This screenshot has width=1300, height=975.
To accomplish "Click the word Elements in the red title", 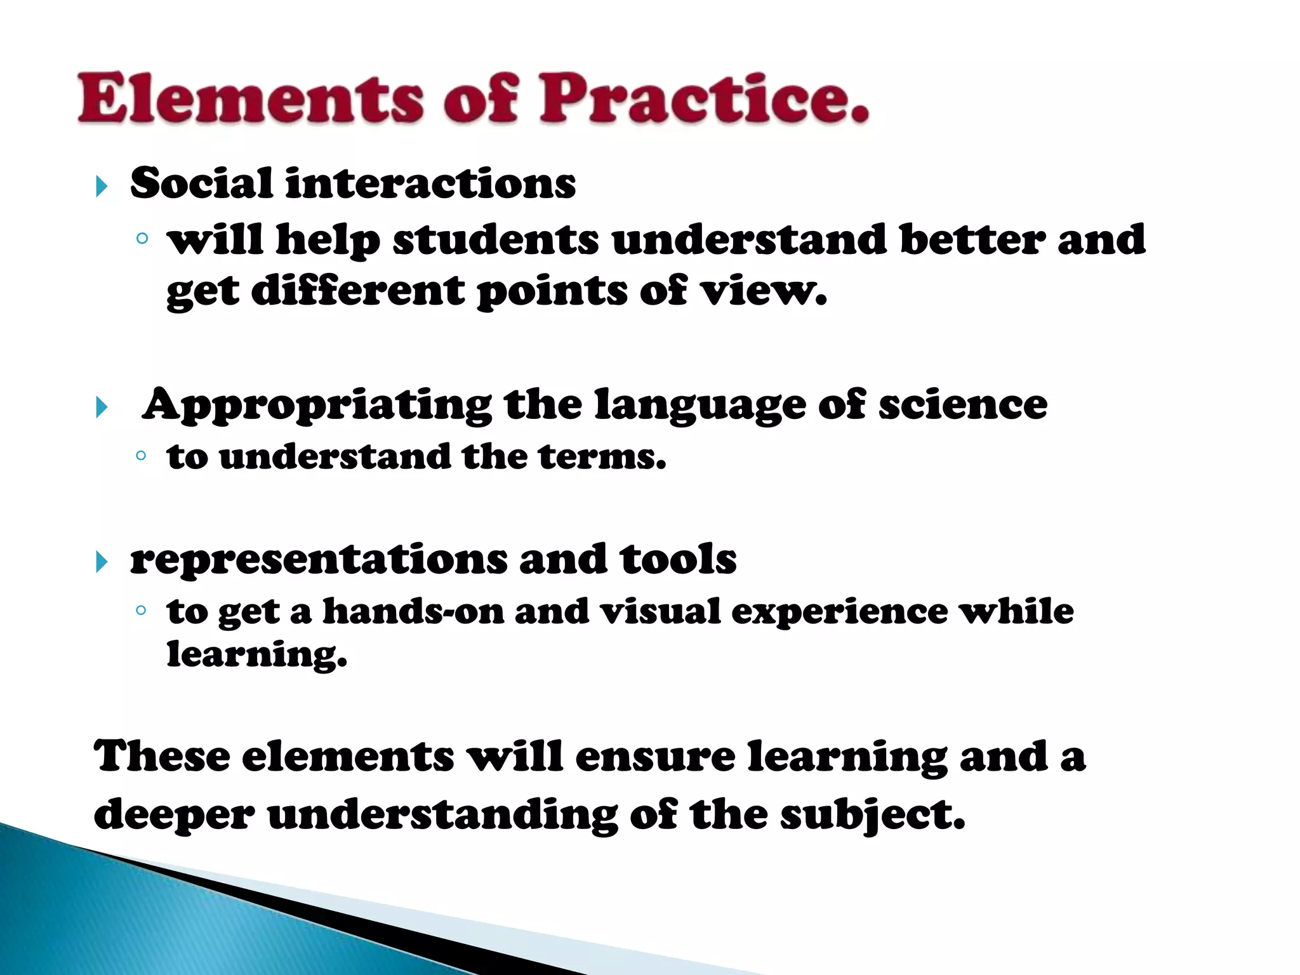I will [250, 98].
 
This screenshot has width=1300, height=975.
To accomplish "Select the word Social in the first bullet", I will [201, 183].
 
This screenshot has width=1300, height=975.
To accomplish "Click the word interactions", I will [430, 183].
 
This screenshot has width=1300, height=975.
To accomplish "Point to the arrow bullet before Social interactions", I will [102, 187].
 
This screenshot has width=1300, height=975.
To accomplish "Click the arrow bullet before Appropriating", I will [102, 407].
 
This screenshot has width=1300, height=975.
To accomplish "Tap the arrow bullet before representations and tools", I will [102, 562].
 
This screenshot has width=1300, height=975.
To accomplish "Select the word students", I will [496, 240].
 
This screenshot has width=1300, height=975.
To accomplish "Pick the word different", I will [358, 291].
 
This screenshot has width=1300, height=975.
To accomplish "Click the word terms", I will [602, 456].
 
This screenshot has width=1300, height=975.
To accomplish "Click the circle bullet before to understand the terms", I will [142, 456].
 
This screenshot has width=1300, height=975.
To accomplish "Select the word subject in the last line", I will [872, 815].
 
